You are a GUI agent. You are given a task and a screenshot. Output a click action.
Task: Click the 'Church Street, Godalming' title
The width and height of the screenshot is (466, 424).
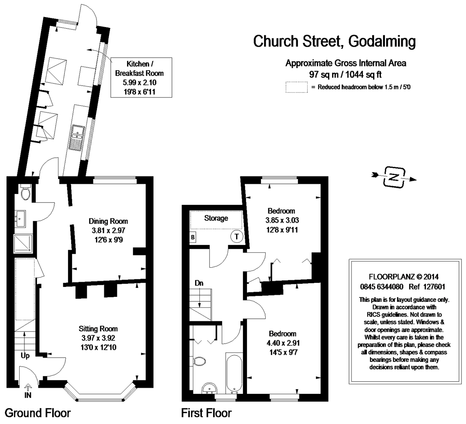point(334,42)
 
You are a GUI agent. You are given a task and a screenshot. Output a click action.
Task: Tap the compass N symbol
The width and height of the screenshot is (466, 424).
point(394,177)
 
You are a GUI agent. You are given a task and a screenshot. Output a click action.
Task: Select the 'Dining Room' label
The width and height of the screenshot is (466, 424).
point(108,221)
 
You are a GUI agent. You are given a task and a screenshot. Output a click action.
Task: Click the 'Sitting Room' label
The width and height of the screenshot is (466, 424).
point(98,329)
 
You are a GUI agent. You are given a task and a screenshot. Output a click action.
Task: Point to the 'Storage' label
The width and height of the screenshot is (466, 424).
point(216,218)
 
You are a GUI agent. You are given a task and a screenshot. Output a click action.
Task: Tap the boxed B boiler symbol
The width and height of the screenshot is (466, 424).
point(192,237)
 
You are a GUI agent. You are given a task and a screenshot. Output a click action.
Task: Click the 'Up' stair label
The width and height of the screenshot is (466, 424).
point(25,356)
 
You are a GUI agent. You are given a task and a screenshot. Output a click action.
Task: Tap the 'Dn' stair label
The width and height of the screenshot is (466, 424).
point(199,283)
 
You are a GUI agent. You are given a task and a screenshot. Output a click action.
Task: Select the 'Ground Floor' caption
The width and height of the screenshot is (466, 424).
point(38,413)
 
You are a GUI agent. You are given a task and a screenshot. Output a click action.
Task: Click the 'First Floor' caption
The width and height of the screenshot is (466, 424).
point(206,413)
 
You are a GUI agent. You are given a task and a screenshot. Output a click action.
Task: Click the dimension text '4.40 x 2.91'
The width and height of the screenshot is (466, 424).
point(283,342)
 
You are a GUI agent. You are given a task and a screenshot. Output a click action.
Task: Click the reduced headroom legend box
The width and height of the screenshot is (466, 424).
point(296,87)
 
